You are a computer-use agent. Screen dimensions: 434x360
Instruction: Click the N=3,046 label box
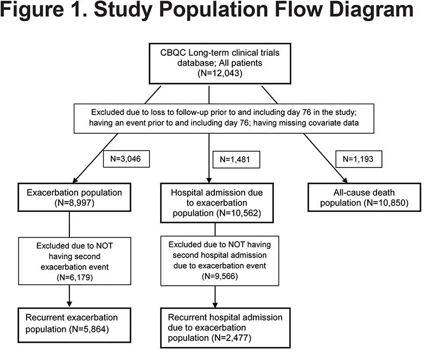(126, 159)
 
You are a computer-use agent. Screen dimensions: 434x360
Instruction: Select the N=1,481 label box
(236, 159)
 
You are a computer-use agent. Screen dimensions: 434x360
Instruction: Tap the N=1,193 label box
(359, 159)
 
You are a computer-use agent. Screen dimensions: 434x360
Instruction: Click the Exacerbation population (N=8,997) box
(74, 197)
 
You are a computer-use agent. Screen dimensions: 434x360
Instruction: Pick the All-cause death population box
(364, 197)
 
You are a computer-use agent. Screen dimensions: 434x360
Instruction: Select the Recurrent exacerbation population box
(74, 325)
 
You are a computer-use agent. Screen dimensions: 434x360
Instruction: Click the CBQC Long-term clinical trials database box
(220, 63)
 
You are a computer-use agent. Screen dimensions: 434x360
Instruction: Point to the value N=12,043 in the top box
(220, 73)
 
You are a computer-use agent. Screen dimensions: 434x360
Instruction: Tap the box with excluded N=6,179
(75, 261)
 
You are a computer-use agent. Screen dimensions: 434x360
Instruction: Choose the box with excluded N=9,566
(220, 261)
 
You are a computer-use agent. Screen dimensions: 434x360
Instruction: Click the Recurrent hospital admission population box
(225, 327)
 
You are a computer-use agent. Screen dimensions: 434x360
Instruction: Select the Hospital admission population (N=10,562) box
(217, 203)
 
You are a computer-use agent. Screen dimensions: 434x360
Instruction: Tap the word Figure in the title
(33, 10)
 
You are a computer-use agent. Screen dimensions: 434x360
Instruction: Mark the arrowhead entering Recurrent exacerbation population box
(69, 304)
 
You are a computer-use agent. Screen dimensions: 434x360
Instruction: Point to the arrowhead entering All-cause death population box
(344, 179)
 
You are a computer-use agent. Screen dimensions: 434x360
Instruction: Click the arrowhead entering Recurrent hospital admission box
(215, 304)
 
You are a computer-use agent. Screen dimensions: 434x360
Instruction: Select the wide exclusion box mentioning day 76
(224, 118)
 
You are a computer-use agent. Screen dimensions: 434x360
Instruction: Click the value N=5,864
(90, 329)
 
